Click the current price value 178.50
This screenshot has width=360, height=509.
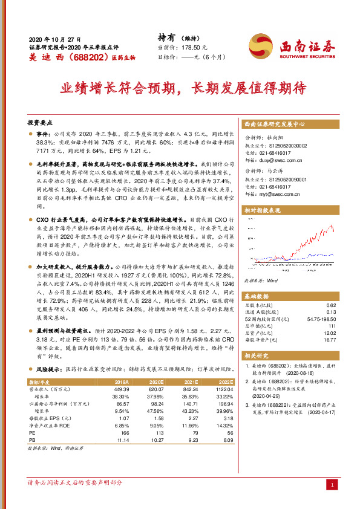pos(197,47)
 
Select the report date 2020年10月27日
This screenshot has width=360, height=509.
pos(54,38)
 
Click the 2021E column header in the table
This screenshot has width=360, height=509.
pos(191,383)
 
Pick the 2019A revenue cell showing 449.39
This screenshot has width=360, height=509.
pos(122,390)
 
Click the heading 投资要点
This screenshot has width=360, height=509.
pos(41,121)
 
